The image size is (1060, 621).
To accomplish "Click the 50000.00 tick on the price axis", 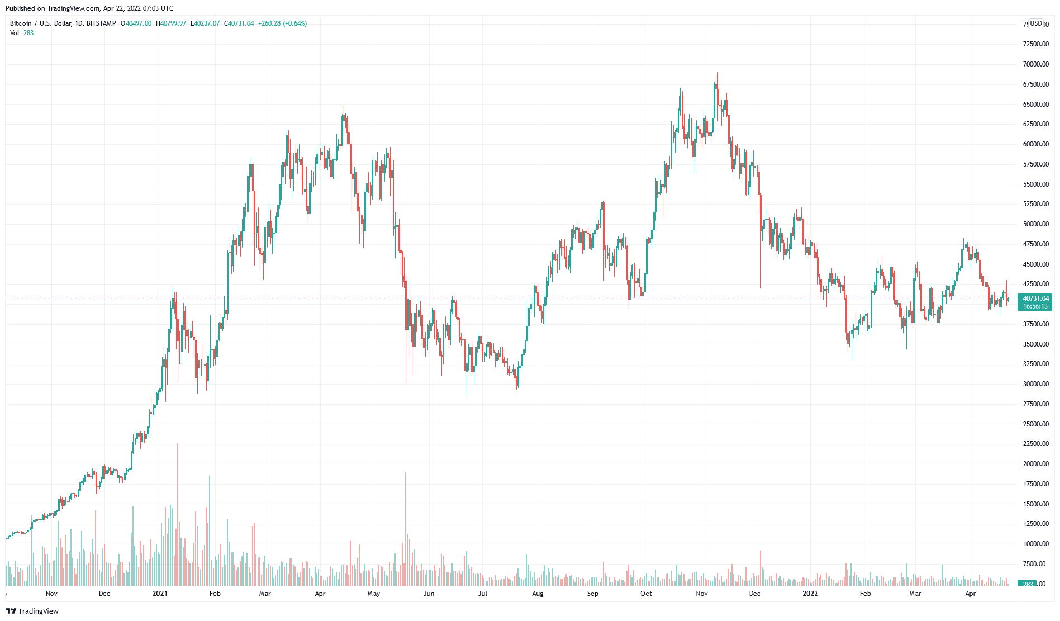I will (x=1035, y=224).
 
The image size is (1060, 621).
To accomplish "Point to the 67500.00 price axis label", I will (x=1035, y=84).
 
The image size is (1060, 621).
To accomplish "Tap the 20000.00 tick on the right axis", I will (x=1035, y=464).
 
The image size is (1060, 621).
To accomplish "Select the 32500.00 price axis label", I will (x=1035, y=364).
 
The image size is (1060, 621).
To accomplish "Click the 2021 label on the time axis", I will (x=160, y=594).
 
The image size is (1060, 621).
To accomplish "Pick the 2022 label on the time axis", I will (x=810, y=594).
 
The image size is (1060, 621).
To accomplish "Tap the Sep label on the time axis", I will (x=593, y=594).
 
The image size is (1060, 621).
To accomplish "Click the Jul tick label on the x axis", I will (x=482, y=594).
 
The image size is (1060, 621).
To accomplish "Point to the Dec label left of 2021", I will (x=104, y=594).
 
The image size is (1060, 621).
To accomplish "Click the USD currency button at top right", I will (x=1037, y=23).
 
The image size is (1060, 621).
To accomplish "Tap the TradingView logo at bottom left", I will (x=32, y=611).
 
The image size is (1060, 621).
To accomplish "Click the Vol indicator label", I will (x=15, y=33).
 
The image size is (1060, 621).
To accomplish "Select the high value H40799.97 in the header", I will (x=171, y=23).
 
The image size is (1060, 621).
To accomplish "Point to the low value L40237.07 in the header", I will (x=205, y=23).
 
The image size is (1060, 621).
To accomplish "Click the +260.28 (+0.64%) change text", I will (x=282, y=23).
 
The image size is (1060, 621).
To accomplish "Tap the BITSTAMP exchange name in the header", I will (x=101, y=23).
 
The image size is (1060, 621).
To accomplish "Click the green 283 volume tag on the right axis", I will (x=1028, y=584).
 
